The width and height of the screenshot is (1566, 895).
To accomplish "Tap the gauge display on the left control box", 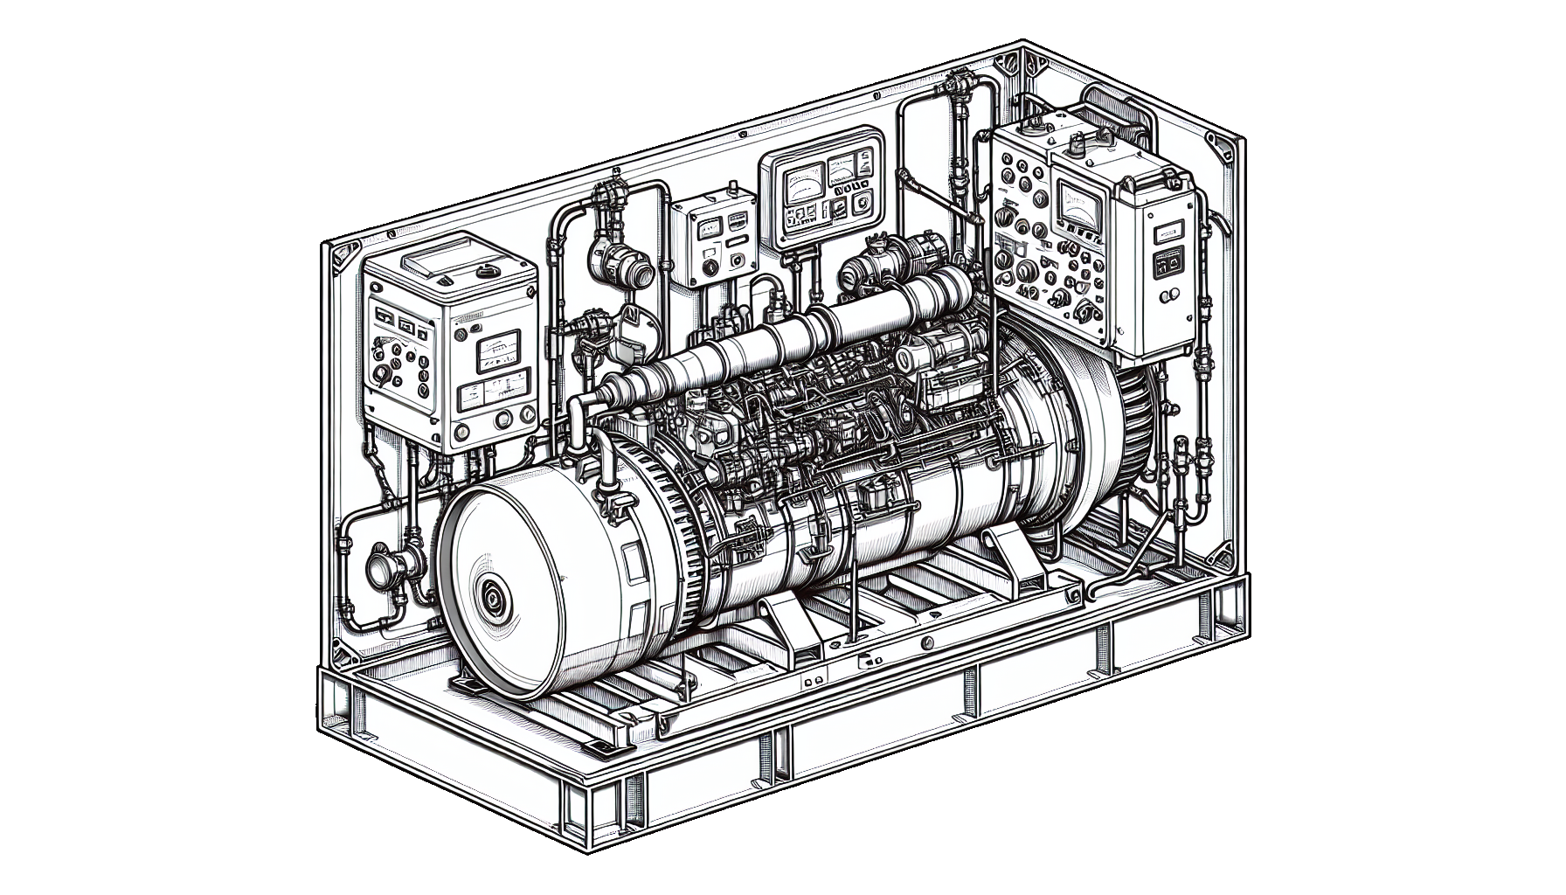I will point(495,355).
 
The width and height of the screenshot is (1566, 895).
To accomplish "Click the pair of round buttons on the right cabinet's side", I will point(1168,262).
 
